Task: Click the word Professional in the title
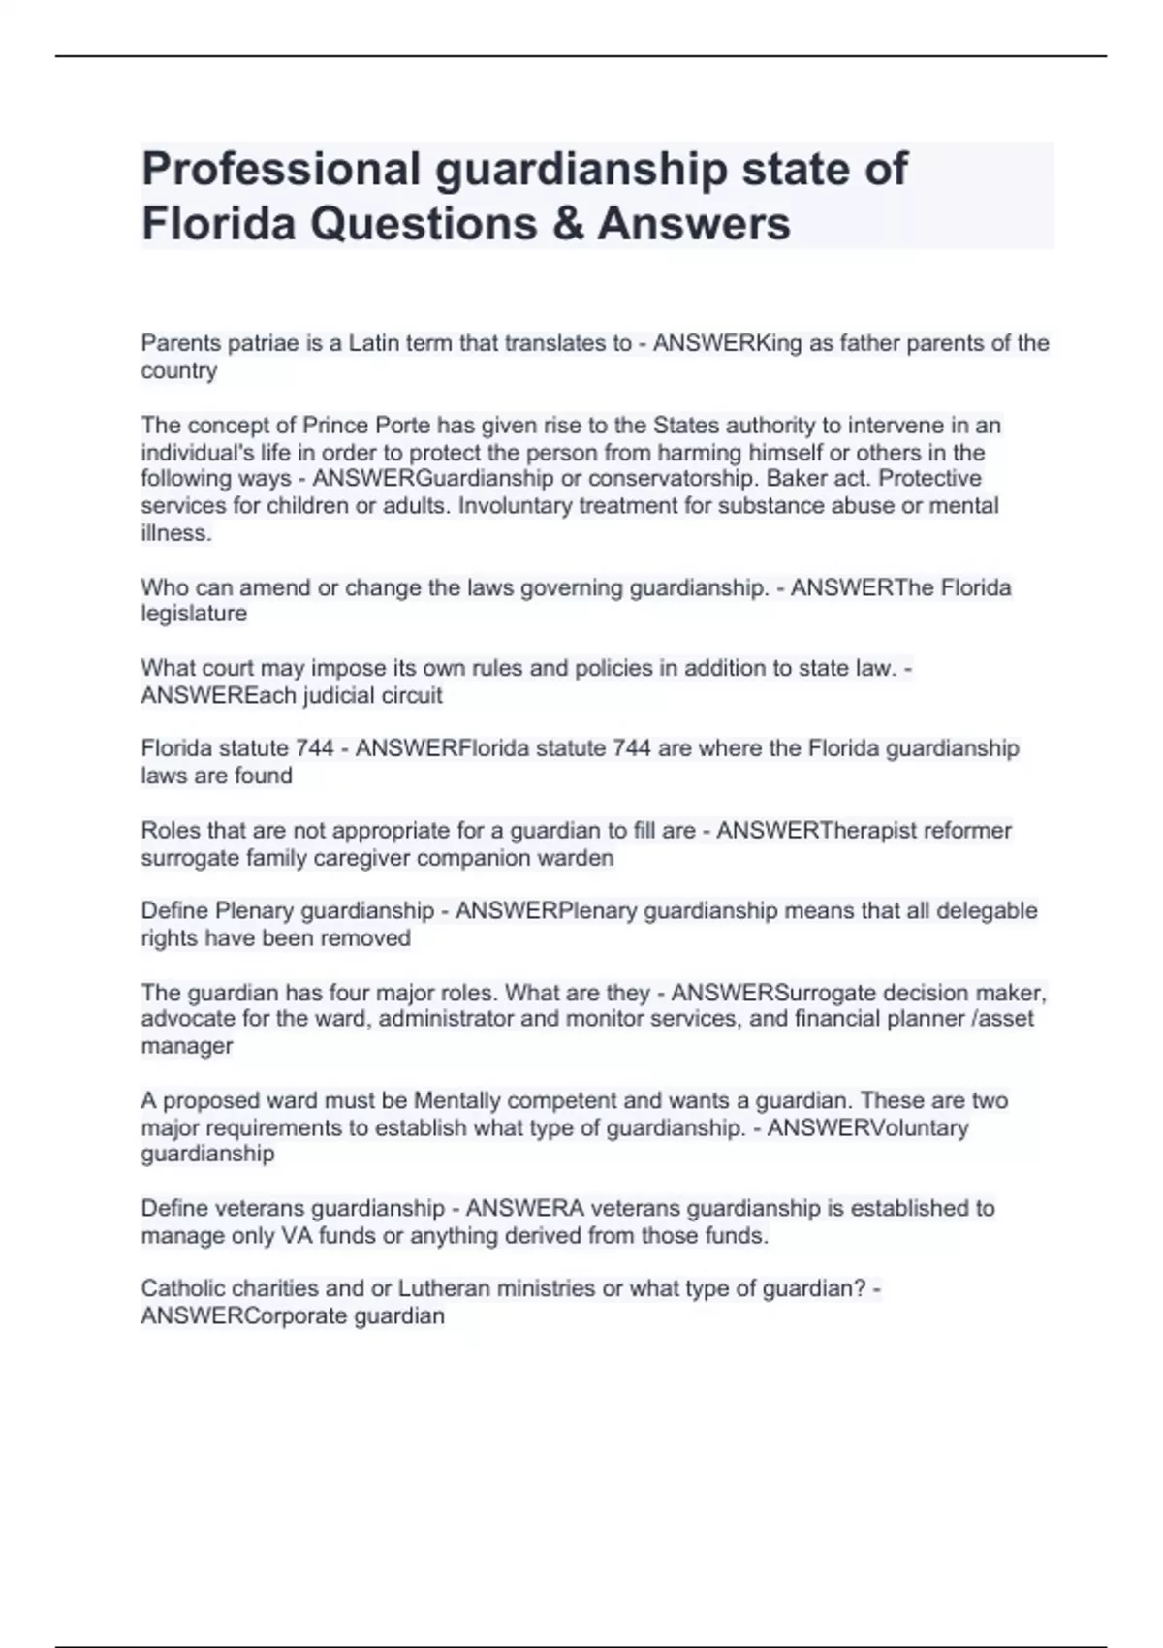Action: (281, 169)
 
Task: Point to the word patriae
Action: (255, 343)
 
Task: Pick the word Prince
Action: (335, 426)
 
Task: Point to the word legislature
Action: (194, 614)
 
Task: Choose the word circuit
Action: (409, 695)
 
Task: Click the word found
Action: (264, 776)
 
